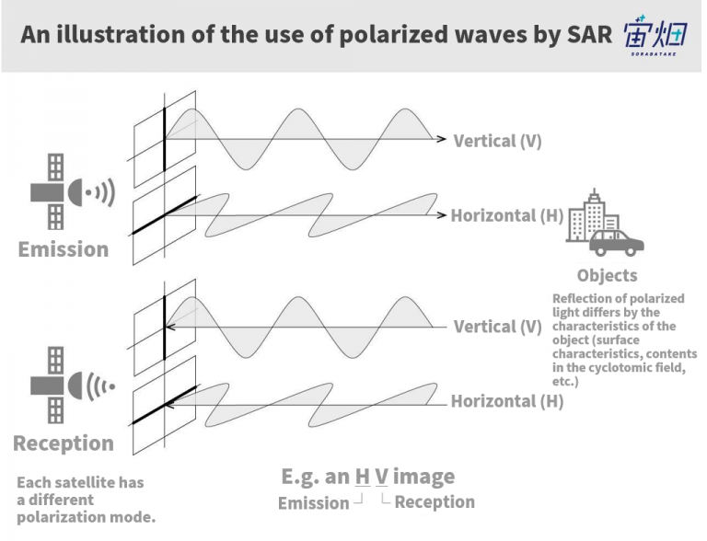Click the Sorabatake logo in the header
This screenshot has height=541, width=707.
(x=655, y=36)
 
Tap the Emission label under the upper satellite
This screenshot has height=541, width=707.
(x=64, y=249)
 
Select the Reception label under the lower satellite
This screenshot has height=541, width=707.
(x=64, y=443)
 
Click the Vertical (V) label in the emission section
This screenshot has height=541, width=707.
(x=497, y=141)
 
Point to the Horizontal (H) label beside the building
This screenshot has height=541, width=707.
(x=507, y=215)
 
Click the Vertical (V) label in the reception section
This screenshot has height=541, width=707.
(x=497, y=327)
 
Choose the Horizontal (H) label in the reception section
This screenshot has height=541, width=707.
(x=507, y=401)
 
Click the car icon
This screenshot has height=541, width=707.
(x=617, y=244)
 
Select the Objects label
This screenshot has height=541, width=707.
(x=607, y=275)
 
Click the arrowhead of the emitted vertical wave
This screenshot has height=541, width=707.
(x=442, y=138)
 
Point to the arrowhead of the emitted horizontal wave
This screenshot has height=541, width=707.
(x=442, y=215)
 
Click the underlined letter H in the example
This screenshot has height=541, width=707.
(x=363, y=477)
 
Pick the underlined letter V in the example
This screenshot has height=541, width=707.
(x=381, y=477)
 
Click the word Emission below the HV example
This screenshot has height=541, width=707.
(x=313, y=503)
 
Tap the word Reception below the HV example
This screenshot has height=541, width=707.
(x=435, y=502)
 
